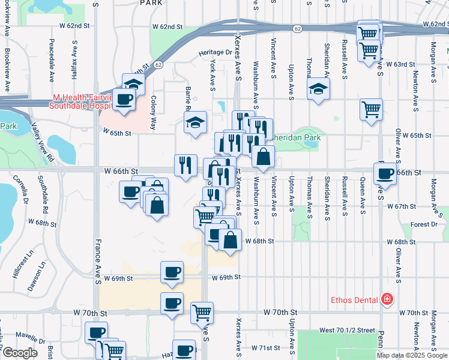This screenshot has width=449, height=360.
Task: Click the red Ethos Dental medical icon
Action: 387,299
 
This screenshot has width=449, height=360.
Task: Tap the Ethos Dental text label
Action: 355,299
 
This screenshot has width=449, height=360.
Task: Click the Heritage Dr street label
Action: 215,53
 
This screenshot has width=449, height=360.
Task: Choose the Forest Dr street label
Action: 424,224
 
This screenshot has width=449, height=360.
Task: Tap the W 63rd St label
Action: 400,64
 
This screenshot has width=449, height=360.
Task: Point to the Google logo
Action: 20,353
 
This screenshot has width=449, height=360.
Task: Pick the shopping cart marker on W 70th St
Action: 202,313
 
